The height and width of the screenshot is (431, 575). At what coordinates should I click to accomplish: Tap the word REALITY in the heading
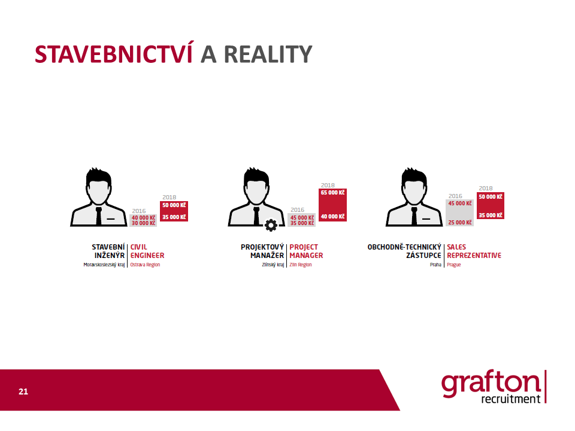pyautogui.click(x=268, y=54)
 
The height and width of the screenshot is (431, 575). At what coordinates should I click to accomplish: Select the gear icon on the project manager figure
pyautogui.click(x=271, y=225)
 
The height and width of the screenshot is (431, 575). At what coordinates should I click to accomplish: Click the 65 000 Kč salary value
pyautogui.click(x=332, y=193)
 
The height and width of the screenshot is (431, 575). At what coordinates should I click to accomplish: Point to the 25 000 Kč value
pyautogui.click(x=460, y=223)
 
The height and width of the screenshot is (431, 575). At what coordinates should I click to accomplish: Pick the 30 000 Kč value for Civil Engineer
pyautogui.click(x=143, y=223)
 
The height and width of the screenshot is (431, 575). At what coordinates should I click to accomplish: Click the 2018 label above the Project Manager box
pyautogui.click(x=328, y=186)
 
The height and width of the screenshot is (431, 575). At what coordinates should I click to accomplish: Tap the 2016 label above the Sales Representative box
pyautogui.click(x=455, y=196)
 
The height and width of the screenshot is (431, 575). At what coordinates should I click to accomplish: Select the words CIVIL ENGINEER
pyautogui.click(x=147, y=251)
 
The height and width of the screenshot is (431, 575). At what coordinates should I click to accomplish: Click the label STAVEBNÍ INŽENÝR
pyautogui.click(x=108, y=251)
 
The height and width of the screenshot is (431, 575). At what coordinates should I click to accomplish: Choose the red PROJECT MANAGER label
pyautogui.click(x=306, y=251)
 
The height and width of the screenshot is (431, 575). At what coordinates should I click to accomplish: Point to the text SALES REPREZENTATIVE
pyautogui.click(x=474, y=251)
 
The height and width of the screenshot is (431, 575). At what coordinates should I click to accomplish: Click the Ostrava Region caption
pyautogui.click(x=145, y=265)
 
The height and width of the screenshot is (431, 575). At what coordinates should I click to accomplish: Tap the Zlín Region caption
pyautogui.click(x=300, y=265)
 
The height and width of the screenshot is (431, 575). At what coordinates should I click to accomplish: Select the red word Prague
pyautogui.click(x=453, y=265)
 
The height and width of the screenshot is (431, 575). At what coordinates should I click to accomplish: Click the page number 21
pyautogui.click(x=23, y=391)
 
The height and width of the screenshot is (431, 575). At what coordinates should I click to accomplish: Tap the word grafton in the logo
pyautogui.click(x=491, y=383)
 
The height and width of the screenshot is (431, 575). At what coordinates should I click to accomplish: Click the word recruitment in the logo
pyautogui.click(x=511, y=399)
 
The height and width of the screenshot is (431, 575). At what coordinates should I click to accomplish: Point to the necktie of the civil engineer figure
pyautogui.click(x=99, y=216)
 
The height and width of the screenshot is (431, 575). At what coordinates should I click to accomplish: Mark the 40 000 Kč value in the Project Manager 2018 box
pyautogui.click(x=332, y=217)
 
